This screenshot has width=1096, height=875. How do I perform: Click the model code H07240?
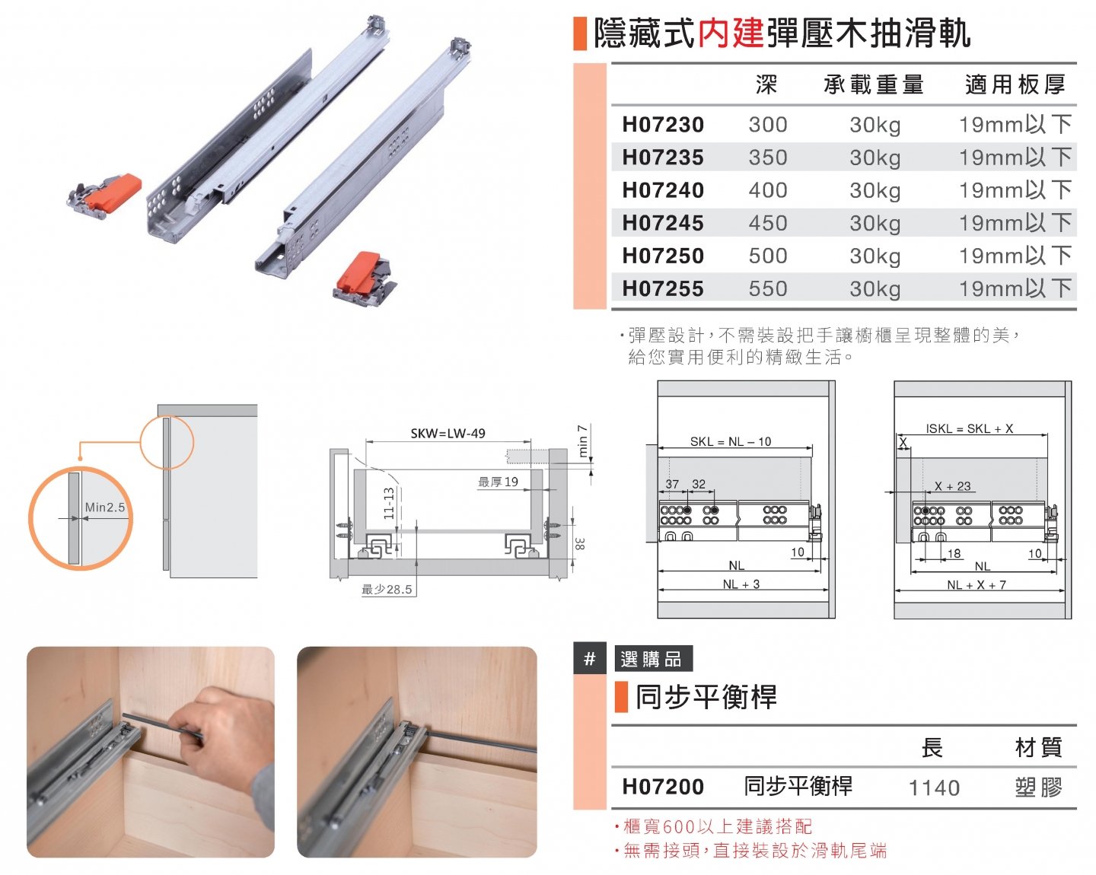tap(663, 190)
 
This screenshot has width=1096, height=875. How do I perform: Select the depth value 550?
tap(767, 289)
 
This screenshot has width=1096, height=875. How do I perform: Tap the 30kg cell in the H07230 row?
tap(875, 125)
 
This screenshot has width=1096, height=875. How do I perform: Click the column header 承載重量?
tap(873, 84)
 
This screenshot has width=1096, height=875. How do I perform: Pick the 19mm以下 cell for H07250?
tap(1015, 256)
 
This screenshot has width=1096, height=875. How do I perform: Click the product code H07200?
tap(663, 787)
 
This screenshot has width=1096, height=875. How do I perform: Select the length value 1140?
tap(934, 787)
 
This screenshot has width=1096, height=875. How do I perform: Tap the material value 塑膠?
tap(1038, 787)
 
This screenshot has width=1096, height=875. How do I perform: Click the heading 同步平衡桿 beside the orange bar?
tap(706, 697)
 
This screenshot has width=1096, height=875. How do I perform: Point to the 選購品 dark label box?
tap(653, 659)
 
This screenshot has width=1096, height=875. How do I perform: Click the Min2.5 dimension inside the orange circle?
tap(105, 508)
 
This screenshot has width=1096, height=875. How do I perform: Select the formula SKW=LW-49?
tap(448, 434)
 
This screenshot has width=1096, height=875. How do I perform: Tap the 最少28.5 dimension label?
tap(387, 590)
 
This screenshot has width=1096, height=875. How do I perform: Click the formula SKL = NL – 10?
tap(730, 441)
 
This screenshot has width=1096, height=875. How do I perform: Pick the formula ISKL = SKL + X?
tap(969, 429)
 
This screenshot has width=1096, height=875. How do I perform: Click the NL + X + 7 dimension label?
tap(976, 585)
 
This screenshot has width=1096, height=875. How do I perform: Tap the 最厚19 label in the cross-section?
tap(498, 482)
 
